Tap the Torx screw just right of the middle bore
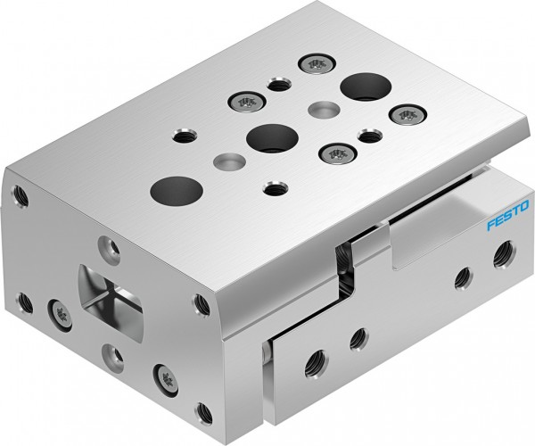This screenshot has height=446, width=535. point(336,154)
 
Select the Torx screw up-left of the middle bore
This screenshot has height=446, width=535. point(243,101)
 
